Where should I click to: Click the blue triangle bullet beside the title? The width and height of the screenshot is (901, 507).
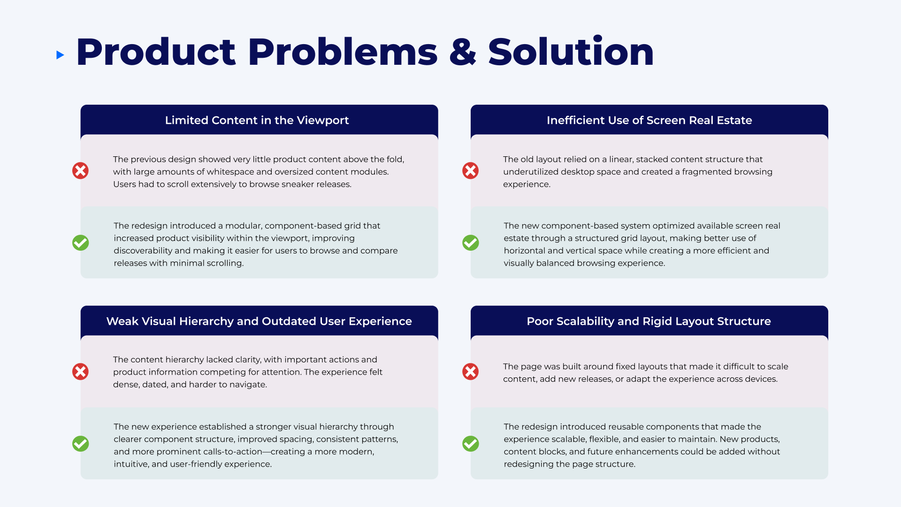[x=60, y=55]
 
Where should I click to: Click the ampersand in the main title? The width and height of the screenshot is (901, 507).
[x=462, y=52]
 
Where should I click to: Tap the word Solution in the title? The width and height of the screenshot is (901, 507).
[x=571, y=51]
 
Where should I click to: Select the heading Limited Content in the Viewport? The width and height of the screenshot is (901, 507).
[x=257, y=120]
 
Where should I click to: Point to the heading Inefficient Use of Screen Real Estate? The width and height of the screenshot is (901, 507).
[x=649, y=120]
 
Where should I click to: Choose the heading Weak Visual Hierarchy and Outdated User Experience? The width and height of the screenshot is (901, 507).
[x=259, y=321]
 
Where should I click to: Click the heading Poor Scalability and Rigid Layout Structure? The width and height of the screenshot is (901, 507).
[x=649, y=321]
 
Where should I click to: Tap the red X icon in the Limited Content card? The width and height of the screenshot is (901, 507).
[x=80, y=170]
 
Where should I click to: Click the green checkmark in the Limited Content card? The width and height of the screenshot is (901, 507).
[x=80, y=243]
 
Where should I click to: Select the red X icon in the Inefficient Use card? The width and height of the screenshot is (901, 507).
[x=470, y=170]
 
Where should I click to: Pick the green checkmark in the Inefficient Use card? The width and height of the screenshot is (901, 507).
[x=470, y=243]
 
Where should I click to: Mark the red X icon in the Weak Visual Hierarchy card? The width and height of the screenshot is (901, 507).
[x=80, y=371]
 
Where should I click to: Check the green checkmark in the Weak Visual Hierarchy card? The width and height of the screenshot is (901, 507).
[x=80, y=444]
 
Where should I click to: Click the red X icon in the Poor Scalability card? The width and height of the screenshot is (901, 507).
[x=470, y=371]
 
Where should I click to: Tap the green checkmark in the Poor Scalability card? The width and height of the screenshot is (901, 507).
[x=470, y=444]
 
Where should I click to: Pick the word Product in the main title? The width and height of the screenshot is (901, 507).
[x=156, y=52]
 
